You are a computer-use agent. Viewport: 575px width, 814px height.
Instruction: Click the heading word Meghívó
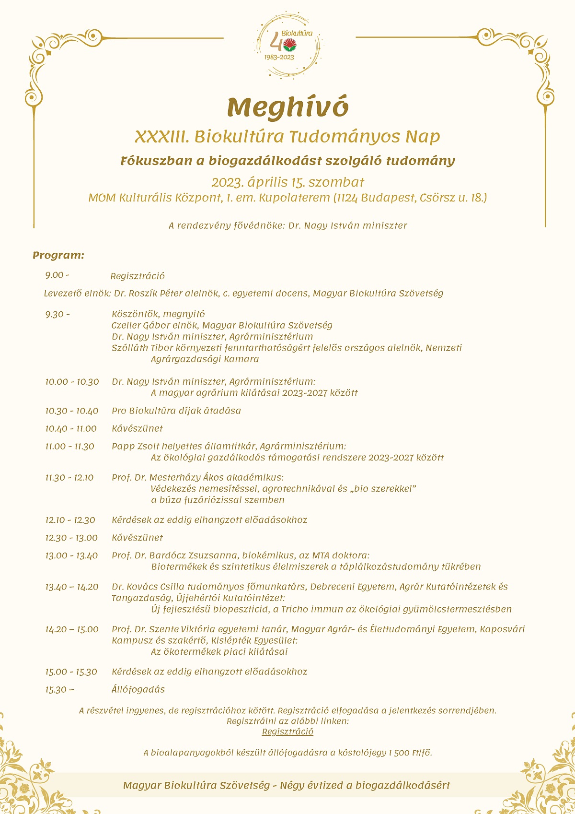coord(287,107)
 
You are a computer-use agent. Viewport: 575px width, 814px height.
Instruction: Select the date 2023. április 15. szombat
coord(287,182)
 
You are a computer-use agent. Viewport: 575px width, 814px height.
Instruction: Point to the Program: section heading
coord(58,255)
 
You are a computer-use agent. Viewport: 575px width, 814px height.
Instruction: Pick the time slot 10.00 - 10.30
coord(72,382)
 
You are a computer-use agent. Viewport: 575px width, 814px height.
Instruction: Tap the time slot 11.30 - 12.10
coord(69,478)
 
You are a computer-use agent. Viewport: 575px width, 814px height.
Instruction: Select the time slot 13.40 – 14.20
coord(72,587)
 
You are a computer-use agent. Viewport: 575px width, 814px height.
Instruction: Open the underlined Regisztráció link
coord(287,731)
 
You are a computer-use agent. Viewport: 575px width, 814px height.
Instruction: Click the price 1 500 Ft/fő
coord(410,753)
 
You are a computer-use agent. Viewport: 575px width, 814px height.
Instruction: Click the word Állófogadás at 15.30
coord(138,689)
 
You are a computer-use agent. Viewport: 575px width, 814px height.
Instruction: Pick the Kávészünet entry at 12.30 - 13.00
coord(137,538)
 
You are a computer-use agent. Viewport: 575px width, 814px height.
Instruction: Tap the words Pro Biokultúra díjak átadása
coord(176,411)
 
